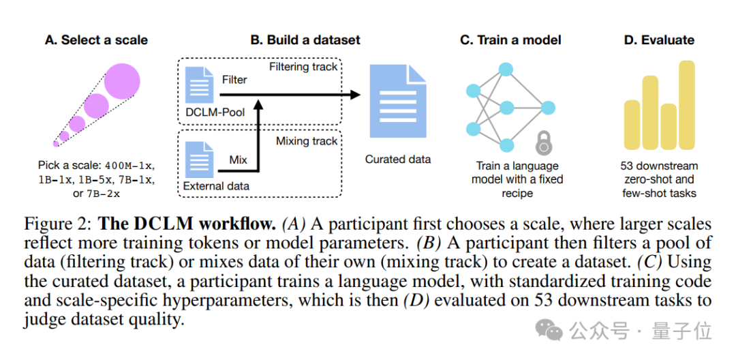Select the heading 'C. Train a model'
510,40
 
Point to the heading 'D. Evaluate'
658,40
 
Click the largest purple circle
123,80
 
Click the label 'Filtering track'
303,67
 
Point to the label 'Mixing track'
306,141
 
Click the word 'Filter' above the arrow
234,80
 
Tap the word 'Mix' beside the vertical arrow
239,160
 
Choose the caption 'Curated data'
398,159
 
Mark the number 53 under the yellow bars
628,166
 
